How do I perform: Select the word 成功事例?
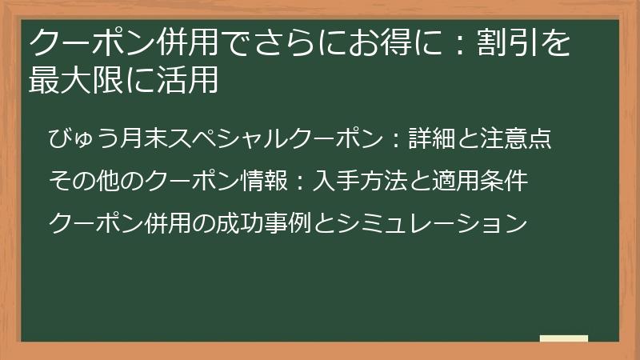tap(273, 222)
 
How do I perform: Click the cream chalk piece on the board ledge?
tap(563, 338)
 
